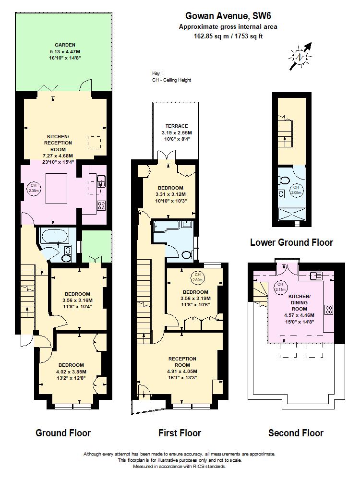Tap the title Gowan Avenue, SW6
click(228, 15)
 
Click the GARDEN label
click(64, 45)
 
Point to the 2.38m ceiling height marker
click(34, 189)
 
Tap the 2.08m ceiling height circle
click(297, 189)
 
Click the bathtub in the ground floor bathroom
click(55, 236)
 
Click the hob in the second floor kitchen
click(329, 310)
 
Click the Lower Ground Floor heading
click(291, 242)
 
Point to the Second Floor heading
click(296, 433)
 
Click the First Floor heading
click(180, 433)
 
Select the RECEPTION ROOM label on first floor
click(182, 362)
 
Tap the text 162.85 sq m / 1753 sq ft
click(228, 36)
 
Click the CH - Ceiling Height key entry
click(171, 80)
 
